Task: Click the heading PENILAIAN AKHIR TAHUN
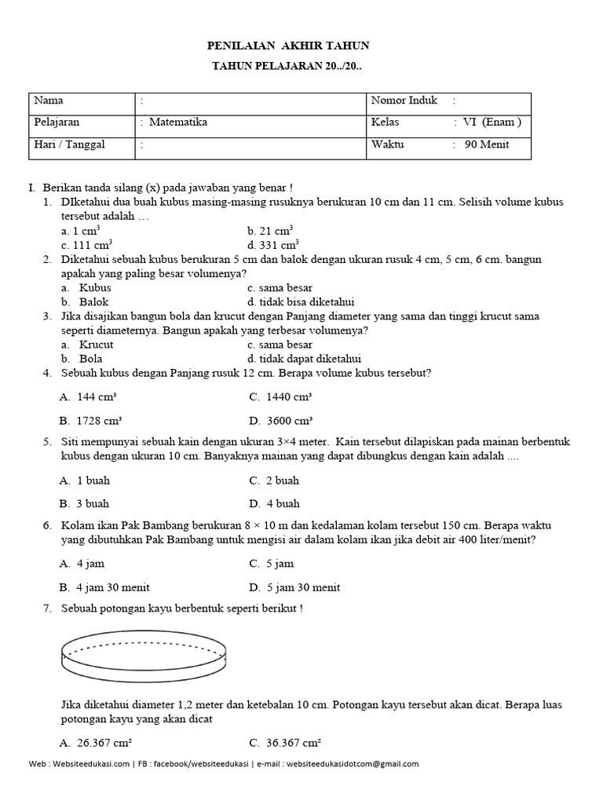pos(287,46)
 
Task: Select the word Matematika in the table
pos(178,122)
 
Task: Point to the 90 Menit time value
pos(487,144)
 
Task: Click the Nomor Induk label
pos(400,100)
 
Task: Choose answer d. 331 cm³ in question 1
pos(273,244)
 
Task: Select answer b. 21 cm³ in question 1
pos(270,230)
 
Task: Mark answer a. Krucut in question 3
pos(87,345)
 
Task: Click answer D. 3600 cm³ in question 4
pos(281,420)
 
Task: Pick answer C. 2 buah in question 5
pos(274,481)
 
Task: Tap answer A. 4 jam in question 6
pos(82,564)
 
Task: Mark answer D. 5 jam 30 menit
pos(294,587)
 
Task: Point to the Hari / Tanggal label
pos(70,144)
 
